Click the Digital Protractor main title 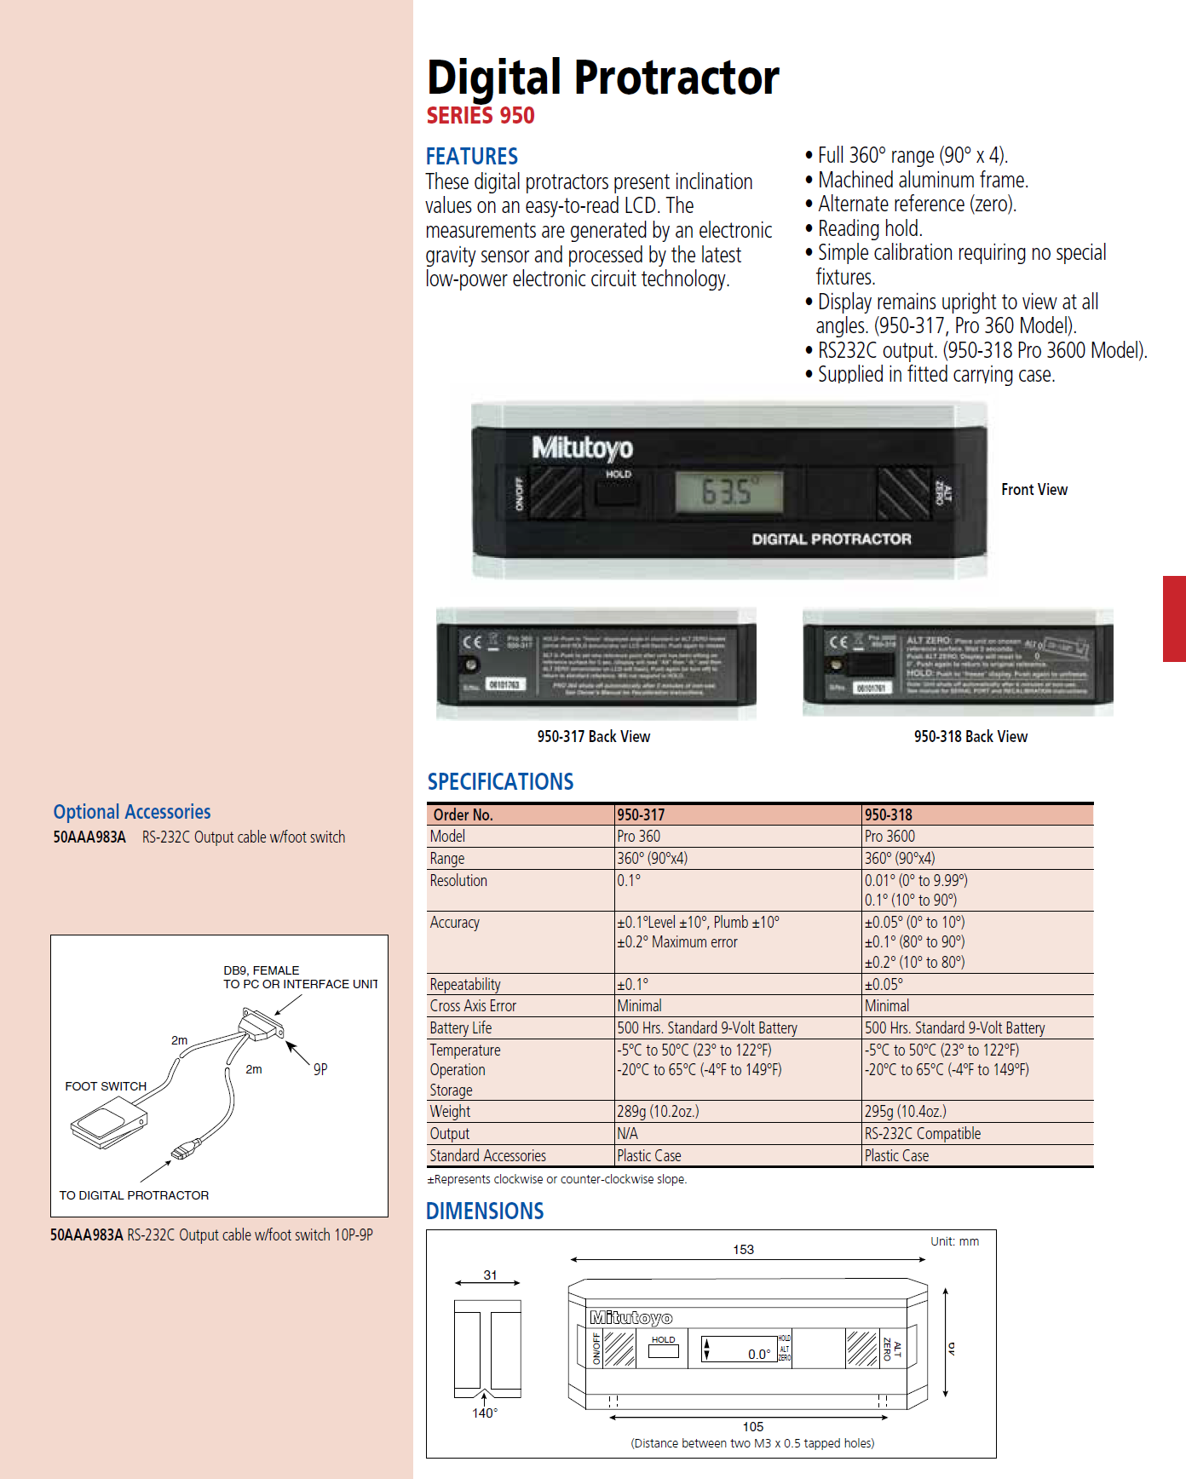coord(602,78)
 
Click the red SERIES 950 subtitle coord(481,116)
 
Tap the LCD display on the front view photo coord(728,492)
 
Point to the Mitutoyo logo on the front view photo coord(583,447)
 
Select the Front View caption coord(1033,490)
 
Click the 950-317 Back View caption coord(593,737)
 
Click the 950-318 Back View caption coord(970,737)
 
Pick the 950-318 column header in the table coord(888,815)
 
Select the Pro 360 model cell coord(639,837)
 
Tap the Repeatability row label coord(465,985)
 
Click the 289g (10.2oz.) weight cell coord(658,1112)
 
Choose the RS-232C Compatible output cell coord(923,1134)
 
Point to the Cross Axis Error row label coord(473,1006)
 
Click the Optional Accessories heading coord(132,812)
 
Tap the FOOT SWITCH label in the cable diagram coord(106,1086)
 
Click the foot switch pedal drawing coord(109,1122)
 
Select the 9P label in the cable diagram coord(320,1069)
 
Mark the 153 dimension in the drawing coord(743,1250)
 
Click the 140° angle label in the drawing coord(485,1413)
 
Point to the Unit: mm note coord(954,1241)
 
